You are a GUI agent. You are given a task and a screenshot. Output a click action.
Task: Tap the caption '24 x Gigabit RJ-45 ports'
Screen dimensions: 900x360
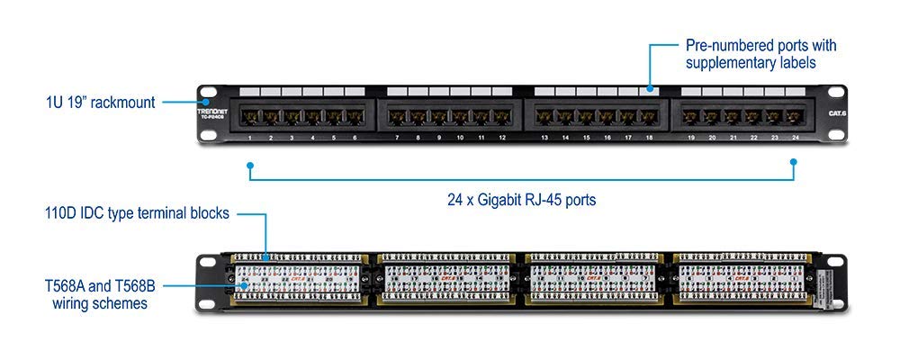tap(523, 199)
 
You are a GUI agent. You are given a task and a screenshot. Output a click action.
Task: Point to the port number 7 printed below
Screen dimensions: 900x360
tap(397, 138)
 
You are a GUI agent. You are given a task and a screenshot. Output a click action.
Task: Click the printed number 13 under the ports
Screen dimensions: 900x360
tap(544, 138)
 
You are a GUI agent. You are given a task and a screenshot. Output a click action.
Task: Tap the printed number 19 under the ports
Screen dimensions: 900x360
tap(691, 138)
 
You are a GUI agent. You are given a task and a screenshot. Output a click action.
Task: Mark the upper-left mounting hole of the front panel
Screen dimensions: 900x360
tap(208, 93)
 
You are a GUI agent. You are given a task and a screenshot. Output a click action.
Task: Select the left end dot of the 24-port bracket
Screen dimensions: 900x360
tap(250, 165)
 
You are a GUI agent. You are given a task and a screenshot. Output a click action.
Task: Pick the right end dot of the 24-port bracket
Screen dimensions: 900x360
tap(794, 164)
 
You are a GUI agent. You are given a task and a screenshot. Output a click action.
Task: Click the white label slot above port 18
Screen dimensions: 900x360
tap(648, 92)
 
